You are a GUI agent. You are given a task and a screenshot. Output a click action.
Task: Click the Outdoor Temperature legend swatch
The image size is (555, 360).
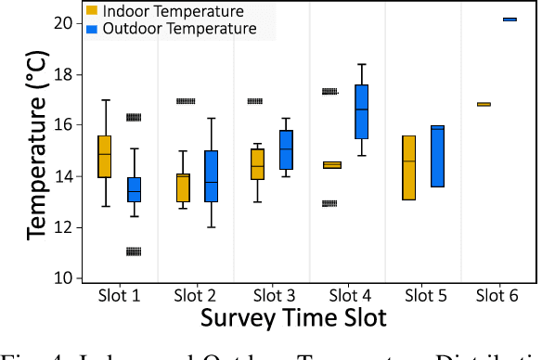(92, 29)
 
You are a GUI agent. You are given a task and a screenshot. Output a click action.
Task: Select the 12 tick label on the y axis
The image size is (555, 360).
(66, 227)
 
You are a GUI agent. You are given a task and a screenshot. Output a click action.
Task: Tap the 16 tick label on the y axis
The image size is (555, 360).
(66, 125)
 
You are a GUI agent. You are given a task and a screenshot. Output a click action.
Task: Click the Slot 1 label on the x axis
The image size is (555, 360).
(119, 296)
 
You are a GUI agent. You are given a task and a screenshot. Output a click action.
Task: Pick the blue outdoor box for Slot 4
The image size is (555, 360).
(362, 111)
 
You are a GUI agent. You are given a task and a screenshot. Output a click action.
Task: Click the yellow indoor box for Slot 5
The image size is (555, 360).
(408, 167)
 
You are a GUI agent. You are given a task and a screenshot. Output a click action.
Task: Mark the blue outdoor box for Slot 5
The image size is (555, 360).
(438, 156)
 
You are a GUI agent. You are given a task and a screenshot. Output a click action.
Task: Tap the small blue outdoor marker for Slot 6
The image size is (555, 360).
(510, 19)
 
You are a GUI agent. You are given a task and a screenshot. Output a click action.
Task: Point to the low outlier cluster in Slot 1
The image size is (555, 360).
(134, 251)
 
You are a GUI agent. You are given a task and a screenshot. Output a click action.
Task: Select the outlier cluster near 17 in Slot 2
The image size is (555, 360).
(186, 101)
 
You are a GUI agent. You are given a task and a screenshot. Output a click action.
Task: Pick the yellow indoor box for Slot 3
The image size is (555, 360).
(257, 164)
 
